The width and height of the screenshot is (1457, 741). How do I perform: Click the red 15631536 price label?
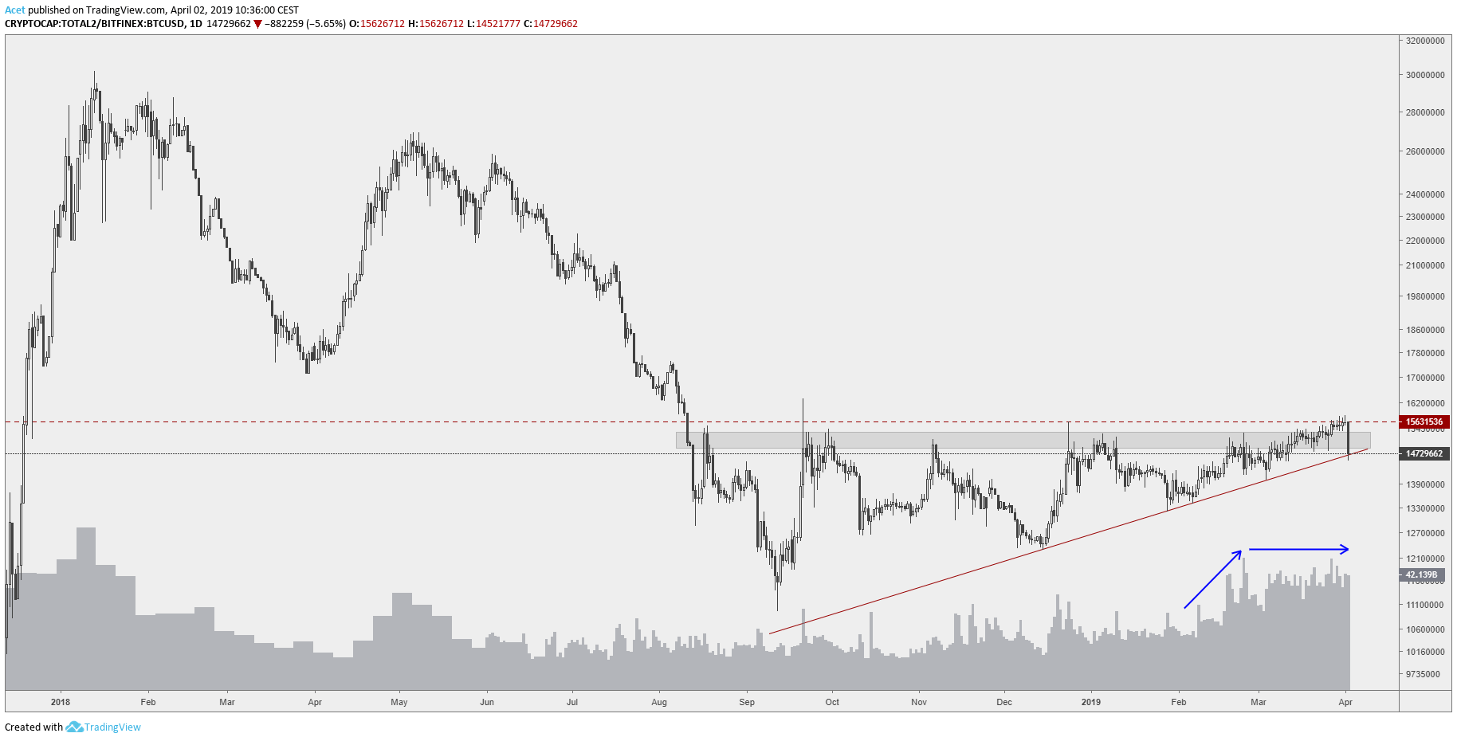coord(1424,422)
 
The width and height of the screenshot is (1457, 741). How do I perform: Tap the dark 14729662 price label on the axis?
coord(1424,454)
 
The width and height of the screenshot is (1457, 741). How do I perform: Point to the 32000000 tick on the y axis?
coord(1425,41)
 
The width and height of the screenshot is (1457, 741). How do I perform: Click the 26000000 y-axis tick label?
coord(1425,151)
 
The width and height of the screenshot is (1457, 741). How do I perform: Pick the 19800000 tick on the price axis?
coord(1425,296)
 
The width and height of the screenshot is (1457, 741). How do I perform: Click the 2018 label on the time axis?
coord(60,702)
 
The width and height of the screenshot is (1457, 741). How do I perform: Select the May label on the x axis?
coord(399,702)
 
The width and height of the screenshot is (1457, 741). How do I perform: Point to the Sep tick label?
coord(747,702)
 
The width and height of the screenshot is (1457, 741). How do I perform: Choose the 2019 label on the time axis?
coord(1090,702)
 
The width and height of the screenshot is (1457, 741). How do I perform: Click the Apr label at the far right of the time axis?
coord(1345,702)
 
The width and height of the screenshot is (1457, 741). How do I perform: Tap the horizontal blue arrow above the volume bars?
coord(1298,549)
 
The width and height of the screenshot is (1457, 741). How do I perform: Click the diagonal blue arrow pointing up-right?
coord(1213,579)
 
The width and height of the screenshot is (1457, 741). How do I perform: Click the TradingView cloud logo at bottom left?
coord(74,727)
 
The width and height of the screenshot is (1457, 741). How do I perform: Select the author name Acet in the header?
coord(14,10)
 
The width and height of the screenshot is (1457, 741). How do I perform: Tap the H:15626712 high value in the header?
coord(435,24)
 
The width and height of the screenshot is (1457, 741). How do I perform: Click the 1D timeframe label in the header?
coord(195,24)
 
